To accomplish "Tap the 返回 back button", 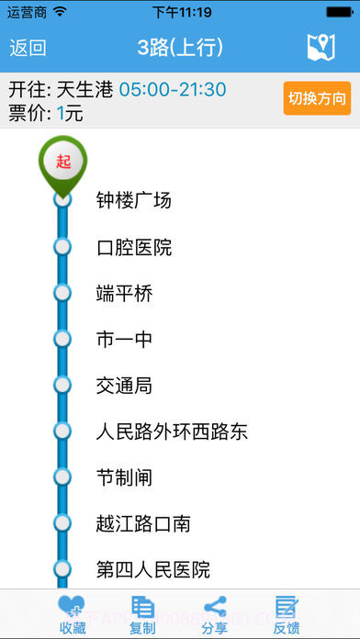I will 28,48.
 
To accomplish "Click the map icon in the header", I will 321,48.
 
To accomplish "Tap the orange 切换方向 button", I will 317,98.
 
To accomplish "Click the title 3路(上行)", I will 180,48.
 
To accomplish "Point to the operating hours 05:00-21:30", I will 173,90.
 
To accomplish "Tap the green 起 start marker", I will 62,162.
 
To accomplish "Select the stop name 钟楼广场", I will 134,200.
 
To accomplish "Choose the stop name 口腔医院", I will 134,247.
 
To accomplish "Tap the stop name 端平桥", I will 124,294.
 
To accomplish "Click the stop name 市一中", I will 124,340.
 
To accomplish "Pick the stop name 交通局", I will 124,386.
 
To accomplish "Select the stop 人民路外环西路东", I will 172,432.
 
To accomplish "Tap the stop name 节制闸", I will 124,477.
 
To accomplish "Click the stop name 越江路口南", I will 143,523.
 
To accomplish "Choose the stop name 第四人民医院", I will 153,569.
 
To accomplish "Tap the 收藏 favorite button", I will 73,614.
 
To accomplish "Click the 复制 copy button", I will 142,614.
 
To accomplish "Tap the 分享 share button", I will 215,614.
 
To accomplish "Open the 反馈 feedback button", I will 287,614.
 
